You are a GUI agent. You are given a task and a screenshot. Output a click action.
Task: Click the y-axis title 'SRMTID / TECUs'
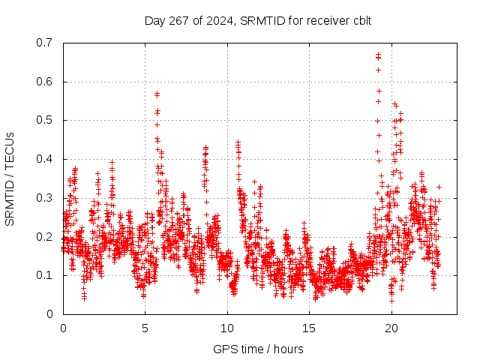(x=10, y=178)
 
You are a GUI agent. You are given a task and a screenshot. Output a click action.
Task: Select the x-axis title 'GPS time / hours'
(x=258, y=349)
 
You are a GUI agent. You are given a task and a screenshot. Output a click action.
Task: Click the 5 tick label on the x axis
(x=145, y=328)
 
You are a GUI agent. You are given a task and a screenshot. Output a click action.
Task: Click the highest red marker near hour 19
(x=378, y=54)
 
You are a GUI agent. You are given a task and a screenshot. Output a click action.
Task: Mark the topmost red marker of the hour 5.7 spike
(x=157, y=94)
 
